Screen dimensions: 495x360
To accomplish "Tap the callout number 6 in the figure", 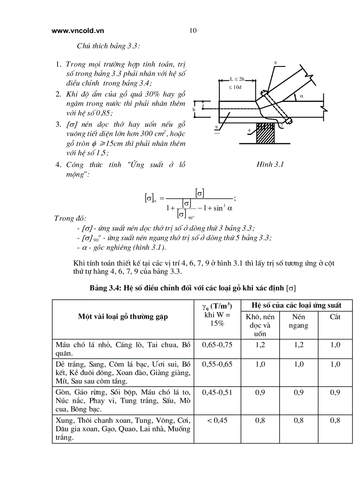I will click(x=275, y=63).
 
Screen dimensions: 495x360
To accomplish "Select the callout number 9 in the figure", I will click(x=217, y=127).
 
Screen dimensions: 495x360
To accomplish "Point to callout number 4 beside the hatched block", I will click(x=249, y=130).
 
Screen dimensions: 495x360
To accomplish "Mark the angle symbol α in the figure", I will click(x=302, y=95).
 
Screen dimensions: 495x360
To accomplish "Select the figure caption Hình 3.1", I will click(x=270, y=164).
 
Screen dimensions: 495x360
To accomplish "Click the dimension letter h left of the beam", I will click(x=194, y=109).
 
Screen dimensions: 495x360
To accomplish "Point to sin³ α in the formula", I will click(x=222, y=208).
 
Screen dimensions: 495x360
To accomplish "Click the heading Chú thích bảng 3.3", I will click(x=109, y=46).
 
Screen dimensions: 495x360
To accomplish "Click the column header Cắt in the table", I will click(x=335, y=316).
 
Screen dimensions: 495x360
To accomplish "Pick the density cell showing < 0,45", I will click(x=217, y=421).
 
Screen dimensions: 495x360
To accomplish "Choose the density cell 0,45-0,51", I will click(x=217, y=393).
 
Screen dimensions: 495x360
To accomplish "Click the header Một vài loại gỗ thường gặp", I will click(x=123, y=316).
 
